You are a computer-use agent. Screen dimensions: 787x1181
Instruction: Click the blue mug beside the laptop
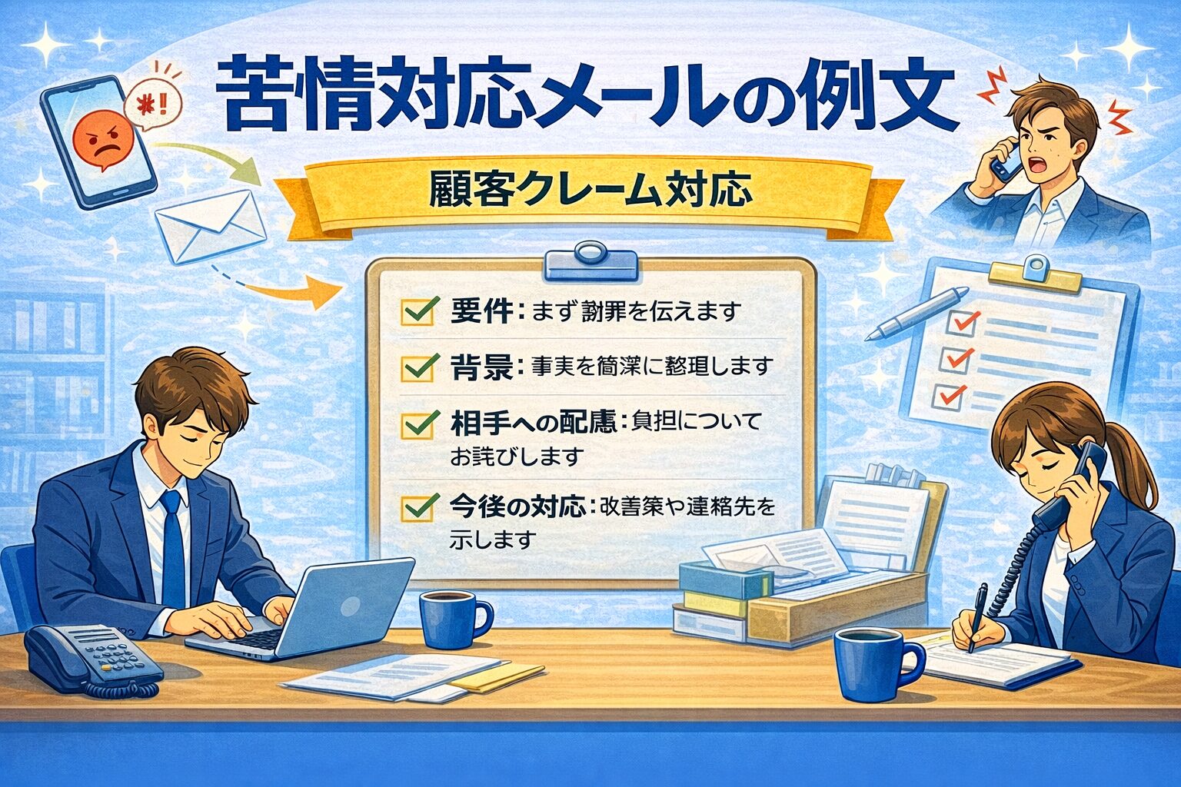pos(451,619)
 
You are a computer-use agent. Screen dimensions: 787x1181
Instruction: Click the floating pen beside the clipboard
pos(917,314)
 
